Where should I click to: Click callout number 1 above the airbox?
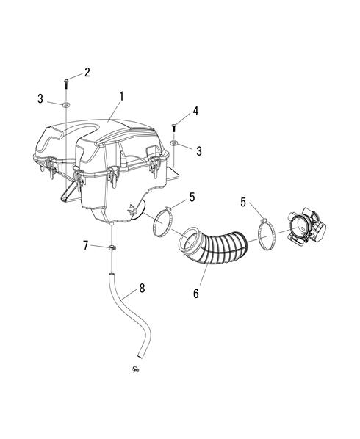[121, 96]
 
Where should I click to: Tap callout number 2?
[87, 72]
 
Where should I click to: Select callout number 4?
[195, 111]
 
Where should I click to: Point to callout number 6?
[196, 294]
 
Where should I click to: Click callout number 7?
[86, 245]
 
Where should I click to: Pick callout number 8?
[142, 289]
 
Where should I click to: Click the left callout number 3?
[40, 98]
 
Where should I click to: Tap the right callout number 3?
[199, 151]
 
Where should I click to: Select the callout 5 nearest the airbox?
[192, 197]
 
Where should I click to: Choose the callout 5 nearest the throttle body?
[243, 202]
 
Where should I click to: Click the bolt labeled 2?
[66, 84]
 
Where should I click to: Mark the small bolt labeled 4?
[173, 128]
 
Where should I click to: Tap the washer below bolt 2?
[66, 105]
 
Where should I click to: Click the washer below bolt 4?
[173, 143]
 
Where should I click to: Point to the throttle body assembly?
[306, 227]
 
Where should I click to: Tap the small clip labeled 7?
[112, 247]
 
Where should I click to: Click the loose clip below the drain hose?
[136, 369]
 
